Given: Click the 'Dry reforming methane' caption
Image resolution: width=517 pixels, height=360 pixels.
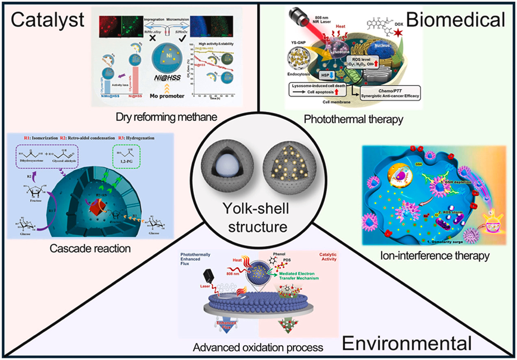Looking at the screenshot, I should [165, 118].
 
